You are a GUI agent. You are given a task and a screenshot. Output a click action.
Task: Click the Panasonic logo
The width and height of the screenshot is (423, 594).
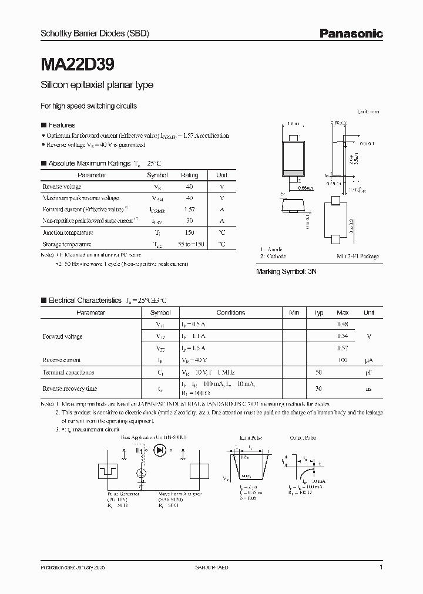(351, 34)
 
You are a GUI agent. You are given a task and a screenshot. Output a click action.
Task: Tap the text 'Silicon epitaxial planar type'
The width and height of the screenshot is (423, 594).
(96, 85)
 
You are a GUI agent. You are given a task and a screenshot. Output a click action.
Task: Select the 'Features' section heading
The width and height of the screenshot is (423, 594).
(61, 125)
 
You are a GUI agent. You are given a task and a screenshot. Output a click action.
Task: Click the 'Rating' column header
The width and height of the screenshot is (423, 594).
(190, 175)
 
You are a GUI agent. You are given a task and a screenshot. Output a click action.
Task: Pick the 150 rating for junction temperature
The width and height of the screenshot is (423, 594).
(190, 232)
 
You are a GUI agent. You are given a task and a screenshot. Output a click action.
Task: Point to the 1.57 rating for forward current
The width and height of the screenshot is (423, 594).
(190, 210)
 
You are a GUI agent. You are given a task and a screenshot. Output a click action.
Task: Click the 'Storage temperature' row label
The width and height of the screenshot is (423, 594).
(67, 244)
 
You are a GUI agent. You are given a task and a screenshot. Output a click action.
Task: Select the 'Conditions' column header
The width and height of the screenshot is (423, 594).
(231, 313)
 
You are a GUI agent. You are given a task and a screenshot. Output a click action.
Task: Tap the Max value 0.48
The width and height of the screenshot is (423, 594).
(343, 325)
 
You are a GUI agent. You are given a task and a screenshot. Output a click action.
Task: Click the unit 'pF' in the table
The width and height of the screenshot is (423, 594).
(369, 372)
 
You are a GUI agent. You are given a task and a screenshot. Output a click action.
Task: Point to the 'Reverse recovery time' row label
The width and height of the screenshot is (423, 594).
(70, 389)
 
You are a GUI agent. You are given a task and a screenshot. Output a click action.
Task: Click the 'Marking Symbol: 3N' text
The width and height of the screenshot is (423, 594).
(286, 272)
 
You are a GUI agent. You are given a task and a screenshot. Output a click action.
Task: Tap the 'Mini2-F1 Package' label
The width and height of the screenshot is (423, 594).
(358, 256)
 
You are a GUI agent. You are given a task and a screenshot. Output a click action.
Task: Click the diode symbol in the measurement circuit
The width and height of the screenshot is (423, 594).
(159, 450)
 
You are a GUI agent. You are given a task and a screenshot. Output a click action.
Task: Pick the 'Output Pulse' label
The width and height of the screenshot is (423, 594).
(303, 438)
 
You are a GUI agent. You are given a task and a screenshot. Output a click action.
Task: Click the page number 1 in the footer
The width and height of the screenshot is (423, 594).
(381, 568)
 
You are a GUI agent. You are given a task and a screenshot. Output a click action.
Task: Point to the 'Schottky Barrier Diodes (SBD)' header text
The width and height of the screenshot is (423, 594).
(95, 34)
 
